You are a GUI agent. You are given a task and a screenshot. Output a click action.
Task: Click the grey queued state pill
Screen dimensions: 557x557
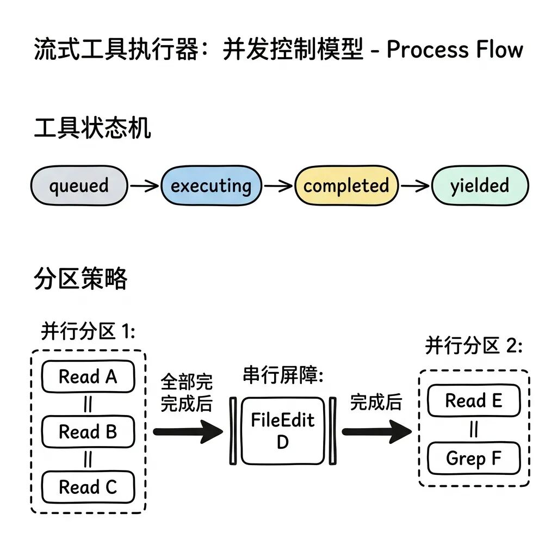click(79, 186)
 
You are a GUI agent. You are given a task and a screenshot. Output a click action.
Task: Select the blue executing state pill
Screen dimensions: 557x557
click(211, 186)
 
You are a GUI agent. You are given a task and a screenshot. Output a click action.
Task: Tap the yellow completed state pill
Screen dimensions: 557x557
click(346, 186)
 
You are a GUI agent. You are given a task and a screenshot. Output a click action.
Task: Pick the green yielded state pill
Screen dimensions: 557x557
click(479, 186)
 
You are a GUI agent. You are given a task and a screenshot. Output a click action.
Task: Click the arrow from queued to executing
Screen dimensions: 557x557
click(144, 186)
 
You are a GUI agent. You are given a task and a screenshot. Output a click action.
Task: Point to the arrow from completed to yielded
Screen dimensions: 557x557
click(415, 186)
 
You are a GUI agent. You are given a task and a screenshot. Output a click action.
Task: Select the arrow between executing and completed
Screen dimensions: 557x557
click(278, 186)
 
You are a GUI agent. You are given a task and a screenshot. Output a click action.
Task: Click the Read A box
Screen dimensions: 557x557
click(88, 376)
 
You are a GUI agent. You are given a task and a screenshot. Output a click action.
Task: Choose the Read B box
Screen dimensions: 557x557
click(88, 432)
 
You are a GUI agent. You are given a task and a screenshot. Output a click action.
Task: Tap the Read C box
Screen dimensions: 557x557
click(88, 487)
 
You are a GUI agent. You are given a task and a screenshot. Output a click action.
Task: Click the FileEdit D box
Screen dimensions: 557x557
click(282, 431)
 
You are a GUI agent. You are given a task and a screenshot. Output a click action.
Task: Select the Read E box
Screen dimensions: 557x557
click(474, 401)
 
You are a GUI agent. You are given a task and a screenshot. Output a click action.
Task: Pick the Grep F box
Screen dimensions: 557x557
click(474, 459)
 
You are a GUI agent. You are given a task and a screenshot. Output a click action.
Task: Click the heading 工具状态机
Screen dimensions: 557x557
click(92, 129)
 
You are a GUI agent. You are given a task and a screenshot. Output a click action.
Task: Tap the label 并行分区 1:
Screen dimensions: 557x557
click(88, 331)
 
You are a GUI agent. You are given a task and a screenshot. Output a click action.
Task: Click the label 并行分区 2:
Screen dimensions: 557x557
click(473, 345)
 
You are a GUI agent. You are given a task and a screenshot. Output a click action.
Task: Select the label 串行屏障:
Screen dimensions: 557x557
click(283, 376)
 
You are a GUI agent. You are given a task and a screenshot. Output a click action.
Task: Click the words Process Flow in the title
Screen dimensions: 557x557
click(455, 50)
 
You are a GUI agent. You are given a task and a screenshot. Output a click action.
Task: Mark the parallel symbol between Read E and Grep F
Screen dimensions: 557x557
click(474, 430)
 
